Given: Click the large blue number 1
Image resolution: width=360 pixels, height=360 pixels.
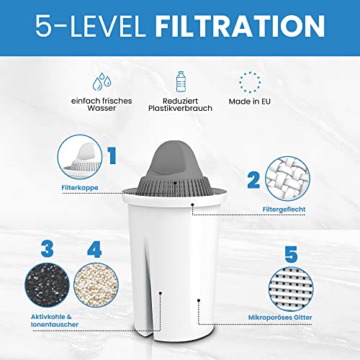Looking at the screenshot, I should point(112,155).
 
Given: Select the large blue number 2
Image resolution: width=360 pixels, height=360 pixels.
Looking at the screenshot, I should point(253,179).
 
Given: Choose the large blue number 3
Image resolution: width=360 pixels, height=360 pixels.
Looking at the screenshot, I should point(47,251).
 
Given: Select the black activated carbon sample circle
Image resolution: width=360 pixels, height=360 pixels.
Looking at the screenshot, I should point(46,287).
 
